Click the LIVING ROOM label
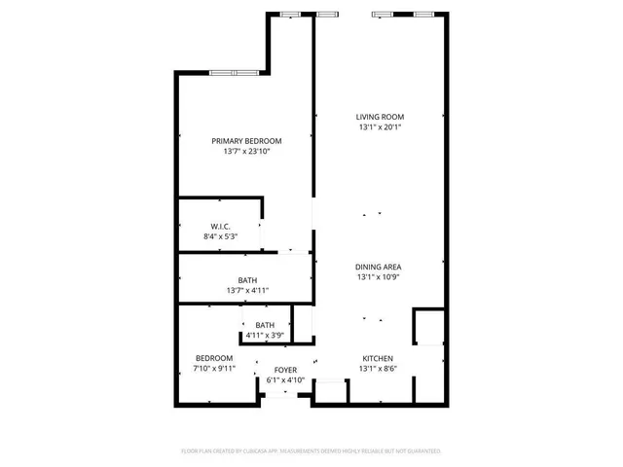point(379,117)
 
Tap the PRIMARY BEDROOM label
point(246,141)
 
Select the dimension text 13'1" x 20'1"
point(379,126)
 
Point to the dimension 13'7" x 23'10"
point(246,151)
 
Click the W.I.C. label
point(220,226)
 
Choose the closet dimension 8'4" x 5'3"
point(220,236)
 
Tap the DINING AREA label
point(379,266)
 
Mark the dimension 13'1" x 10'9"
point(379,276)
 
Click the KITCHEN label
point(379,358)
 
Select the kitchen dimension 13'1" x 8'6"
point(379,369)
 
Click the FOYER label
point(285,371)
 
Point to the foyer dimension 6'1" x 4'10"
point(285,380)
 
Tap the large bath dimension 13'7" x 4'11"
point(246,290)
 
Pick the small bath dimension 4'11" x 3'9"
point(265,336)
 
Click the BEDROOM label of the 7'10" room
point(214,358)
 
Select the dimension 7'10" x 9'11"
point(214,369)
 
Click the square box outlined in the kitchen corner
point(428,327)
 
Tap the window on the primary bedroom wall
point(236,73)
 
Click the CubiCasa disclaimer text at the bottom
point(311,451)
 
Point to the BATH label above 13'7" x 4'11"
point(246,280)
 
